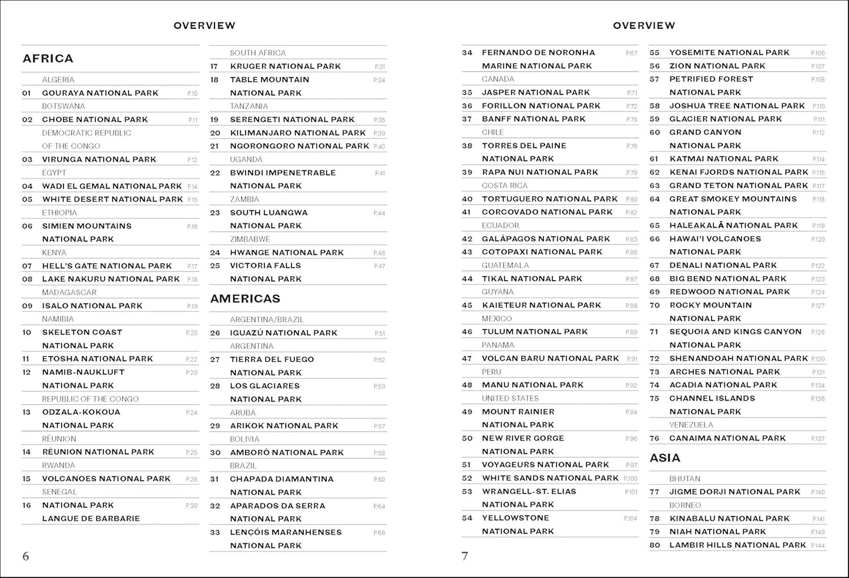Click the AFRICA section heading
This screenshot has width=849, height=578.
point(48,59)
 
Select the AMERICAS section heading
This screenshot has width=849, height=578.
point(245,299)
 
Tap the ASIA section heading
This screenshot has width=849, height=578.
point(665,458)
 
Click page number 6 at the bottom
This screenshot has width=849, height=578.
point(25,556)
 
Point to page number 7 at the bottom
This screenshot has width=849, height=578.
point(465,556)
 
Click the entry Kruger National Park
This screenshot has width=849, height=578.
point(285,66)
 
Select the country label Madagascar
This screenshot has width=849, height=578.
point(69,293)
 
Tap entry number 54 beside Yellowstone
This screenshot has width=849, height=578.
point(467,518)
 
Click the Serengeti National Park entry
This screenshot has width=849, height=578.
point(292,119)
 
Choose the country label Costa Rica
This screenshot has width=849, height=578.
point(505,186)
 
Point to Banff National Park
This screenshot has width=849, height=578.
point(533,119)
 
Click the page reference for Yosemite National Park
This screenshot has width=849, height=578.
point(818,53)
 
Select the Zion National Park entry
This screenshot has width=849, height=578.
point(717,66)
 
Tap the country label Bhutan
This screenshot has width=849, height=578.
point(684,479)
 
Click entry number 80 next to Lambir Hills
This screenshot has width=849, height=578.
point(655,545)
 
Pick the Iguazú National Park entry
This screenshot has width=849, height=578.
point(283,332)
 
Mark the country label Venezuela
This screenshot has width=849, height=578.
point(691,425)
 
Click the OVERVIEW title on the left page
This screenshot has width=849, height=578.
point(204,26)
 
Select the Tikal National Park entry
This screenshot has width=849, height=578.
point(532,279)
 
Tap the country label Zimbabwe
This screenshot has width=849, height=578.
point(250,239)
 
